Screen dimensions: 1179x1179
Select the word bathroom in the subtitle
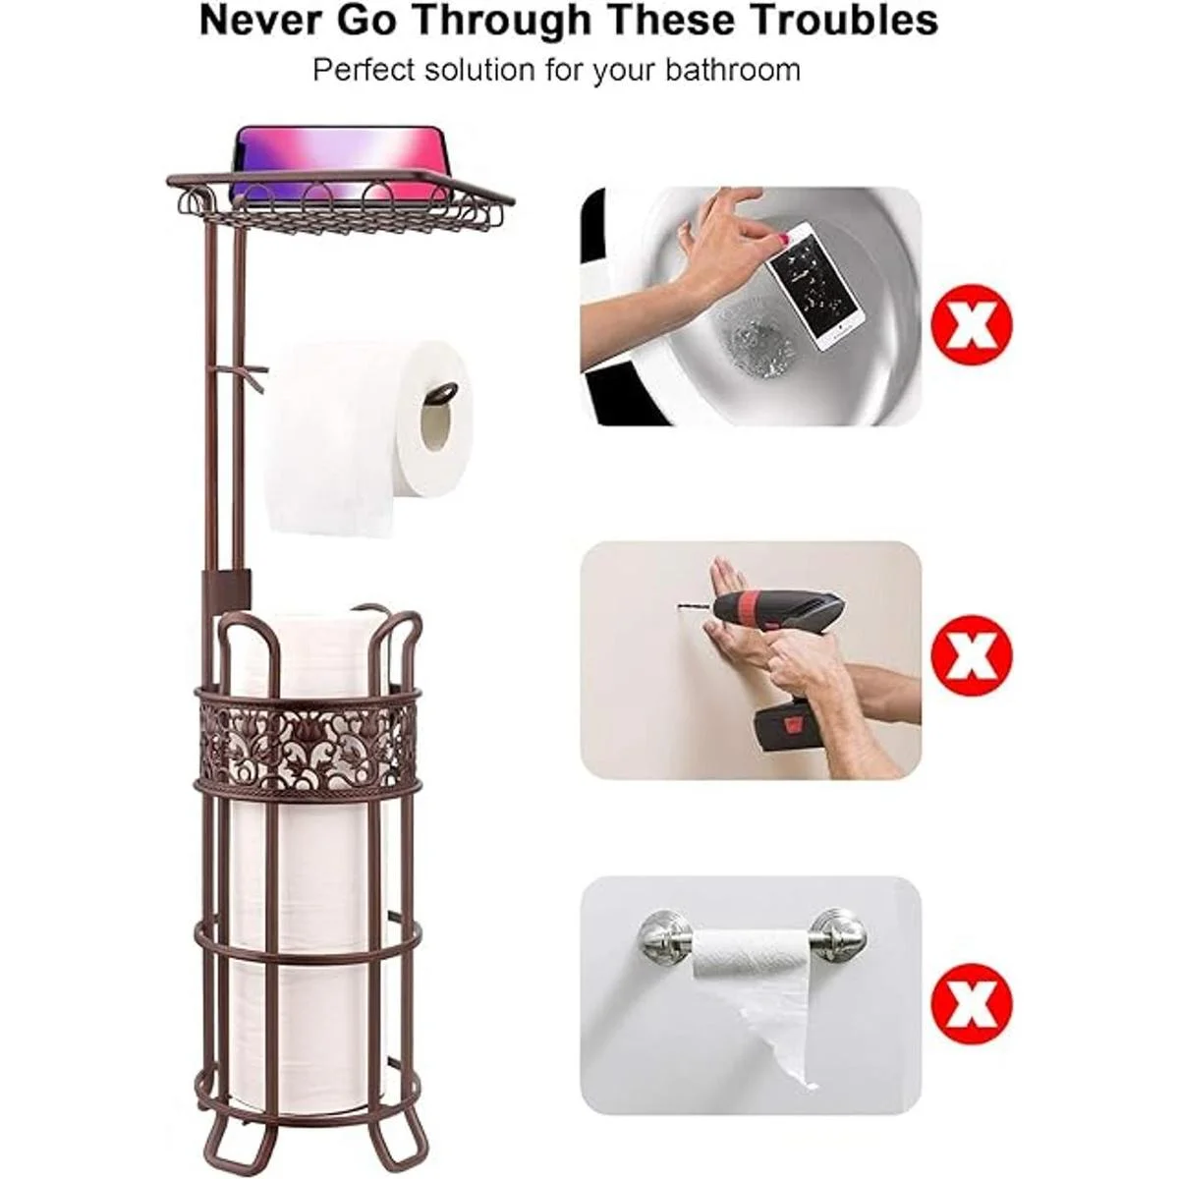732,71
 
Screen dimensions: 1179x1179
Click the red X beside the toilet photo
972,325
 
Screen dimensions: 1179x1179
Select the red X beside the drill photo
972,656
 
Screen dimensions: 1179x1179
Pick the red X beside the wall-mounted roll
972,1005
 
